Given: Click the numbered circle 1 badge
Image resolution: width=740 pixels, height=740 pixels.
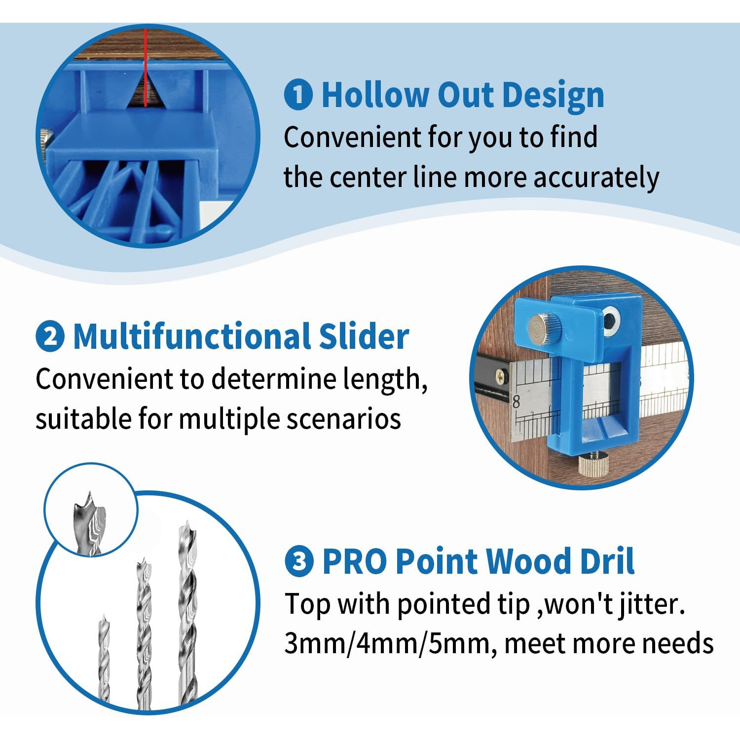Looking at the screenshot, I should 298,95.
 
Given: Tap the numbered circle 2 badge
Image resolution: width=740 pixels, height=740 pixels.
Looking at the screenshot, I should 50,337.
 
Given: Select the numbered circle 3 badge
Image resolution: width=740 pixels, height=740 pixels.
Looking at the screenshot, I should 299,561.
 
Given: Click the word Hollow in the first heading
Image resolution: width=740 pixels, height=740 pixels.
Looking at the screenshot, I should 375,95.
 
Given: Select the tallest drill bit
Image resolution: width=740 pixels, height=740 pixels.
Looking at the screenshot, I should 187,612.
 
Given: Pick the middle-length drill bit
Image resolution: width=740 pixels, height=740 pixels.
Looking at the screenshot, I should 144,631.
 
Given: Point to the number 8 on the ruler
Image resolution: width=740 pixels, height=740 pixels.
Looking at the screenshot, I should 516,402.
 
